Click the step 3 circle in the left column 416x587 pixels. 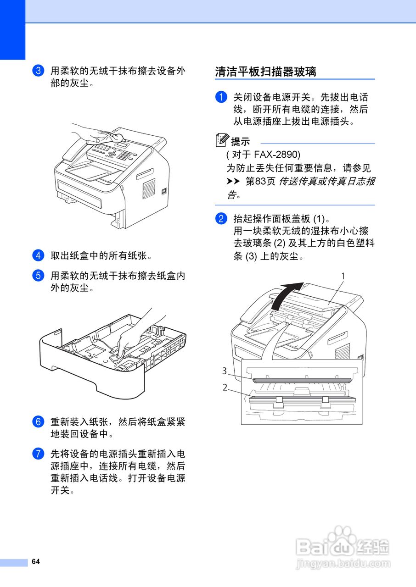point(39,71)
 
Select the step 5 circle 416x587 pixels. point(39,276)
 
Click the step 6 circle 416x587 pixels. point(39,421)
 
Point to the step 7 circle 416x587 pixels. point(39,454)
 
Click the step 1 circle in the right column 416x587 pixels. point(221,97)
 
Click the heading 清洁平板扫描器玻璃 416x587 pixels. point(266,72)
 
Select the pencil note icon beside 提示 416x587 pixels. point(222,140)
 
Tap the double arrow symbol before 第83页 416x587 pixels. point(233,182)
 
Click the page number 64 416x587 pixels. point(36,562)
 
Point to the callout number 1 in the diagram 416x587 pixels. point(343,276)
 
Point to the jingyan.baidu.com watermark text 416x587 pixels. point(343,564)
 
